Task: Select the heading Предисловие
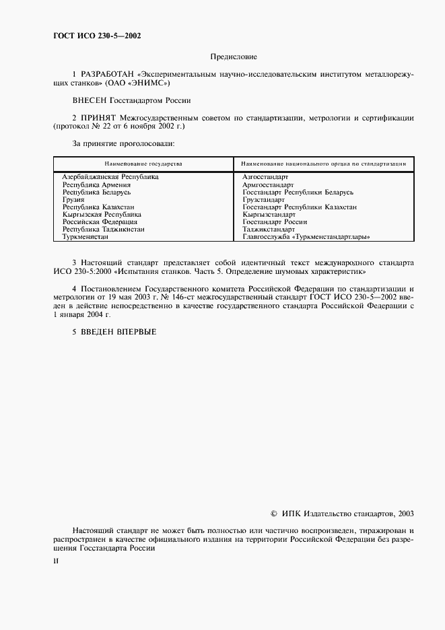pos(234,57)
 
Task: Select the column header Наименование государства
pos(143,164)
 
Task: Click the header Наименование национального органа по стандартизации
pos(323,164)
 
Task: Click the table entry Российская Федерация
pos(100,221)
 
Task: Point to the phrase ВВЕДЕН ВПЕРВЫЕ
pos(118,332)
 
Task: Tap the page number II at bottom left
pos(56,560)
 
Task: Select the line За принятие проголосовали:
pos(123,143)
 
